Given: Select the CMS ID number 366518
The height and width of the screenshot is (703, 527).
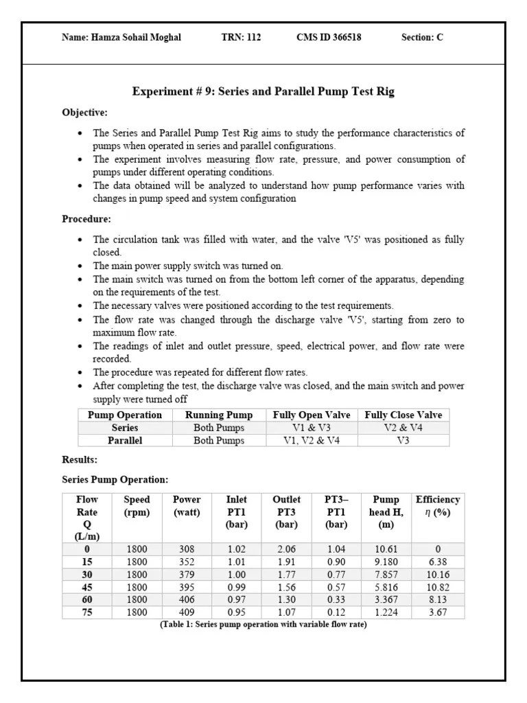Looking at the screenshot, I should tap(344, 38).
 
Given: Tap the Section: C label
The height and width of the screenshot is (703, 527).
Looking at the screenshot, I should tap(422, 38).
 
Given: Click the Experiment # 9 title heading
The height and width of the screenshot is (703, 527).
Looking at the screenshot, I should tap(263, 91).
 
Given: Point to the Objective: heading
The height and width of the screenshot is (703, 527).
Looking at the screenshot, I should tap(84, 112).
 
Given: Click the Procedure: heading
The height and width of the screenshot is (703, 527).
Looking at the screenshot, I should tap(86, 219).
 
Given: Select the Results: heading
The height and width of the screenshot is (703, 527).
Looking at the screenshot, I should tap(80, 459).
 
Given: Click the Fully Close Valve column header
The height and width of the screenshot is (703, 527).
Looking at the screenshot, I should tap(403, 415).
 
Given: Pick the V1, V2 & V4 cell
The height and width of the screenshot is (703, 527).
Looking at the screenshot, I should tap(312, 441).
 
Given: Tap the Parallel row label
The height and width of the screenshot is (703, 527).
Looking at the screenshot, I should tap(125, 441).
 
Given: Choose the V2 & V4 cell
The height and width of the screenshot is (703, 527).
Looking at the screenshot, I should tap(403, 428).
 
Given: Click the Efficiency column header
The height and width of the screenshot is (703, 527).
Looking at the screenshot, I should tap(438, 500).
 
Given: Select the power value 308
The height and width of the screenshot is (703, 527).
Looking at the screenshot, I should tap(187, 549).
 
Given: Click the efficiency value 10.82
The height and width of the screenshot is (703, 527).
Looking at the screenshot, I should tap(438, 587).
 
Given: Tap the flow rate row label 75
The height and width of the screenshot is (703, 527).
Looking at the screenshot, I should tap(87, 612).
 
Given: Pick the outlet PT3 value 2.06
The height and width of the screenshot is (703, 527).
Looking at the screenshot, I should tap(287, 549).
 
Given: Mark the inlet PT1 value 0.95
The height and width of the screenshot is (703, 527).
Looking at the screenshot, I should tap(236, 612).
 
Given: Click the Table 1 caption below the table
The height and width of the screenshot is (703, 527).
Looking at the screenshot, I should tap(263, 625).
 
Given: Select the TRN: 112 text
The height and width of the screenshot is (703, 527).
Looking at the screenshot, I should tap(237, 38).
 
